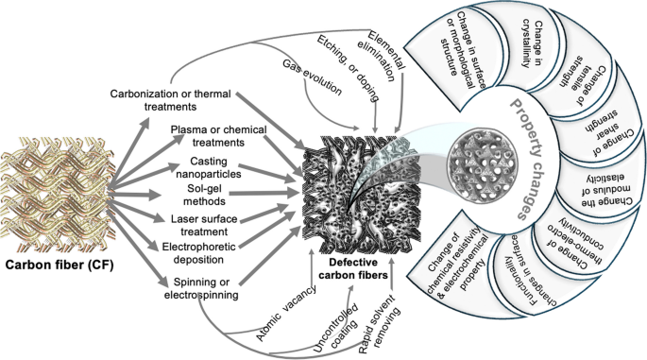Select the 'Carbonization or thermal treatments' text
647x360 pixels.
click(172, 101)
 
